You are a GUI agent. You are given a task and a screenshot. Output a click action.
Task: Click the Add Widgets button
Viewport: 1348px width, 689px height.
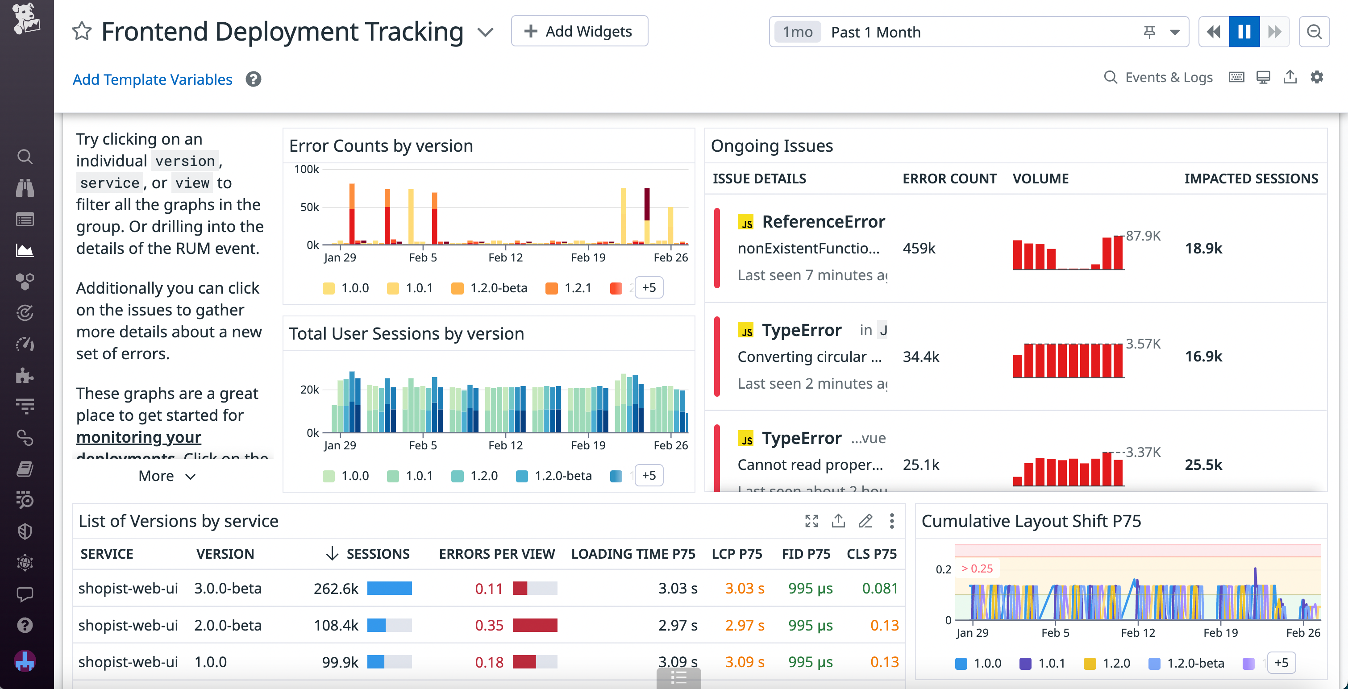point(579,31)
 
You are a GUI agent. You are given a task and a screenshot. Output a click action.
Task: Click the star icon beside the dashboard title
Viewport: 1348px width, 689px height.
point(82,31)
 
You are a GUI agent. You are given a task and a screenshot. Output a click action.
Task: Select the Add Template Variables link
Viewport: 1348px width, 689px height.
point(152,79)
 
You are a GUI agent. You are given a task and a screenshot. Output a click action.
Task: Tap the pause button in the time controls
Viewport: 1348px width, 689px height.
point(1244,32)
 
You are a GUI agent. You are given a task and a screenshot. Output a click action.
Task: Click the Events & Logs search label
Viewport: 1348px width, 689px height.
point(1168,78)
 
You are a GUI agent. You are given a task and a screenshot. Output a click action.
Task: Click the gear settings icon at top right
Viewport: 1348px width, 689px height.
point(1317,78)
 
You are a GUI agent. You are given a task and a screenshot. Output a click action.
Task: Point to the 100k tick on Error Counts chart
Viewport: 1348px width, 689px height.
point(306,170)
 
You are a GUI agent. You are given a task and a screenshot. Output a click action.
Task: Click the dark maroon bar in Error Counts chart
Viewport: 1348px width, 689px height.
point(647,204)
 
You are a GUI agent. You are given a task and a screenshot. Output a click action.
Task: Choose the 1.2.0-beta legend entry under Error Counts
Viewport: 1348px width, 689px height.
point(498,288)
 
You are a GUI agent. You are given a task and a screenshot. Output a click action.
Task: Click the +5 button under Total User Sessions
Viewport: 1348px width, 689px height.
point(649,476)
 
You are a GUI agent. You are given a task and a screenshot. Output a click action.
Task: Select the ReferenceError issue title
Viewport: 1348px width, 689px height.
point(823,222)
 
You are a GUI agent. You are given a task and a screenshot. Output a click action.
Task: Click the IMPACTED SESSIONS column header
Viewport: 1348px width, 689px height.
point(1251,179)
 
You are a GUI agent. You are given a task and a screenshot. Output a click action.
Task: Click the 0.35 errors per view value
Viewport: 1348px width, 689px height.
point(489,626)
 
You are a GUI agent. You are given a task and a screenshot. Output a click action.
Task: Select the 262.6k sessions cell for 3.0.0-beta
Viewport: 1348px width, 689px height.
point(336,589)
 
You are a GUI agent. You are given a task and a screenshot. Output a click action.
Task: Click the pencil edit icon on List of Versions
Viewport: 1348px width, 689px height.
point(865,521)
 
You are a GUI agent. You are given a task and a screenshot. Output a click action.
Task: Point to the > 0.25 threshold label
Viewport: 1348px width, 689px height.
point(977,569)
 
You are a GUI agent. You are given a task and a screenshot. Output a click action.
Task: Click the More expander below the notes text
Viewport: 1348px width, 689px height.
point(167,476)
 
